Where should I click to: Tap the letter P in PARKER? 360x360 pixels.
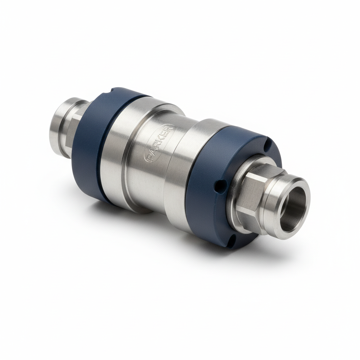coord(149,157)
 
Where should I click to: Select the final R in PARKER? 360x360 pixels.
coord(170,130)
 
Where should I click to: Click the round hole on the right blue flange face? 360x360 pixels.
coord(220,186)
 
